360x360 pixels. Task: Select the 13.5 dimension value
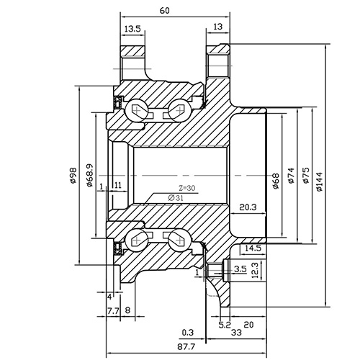(132, 28)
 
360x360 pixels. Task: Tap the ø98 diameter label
(73, 176)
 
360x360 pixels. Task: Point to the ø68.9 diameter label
(88, 176)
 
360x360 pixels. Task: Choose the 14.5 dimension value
(253, 248)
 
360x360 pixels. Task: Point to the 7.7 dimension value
(112, 310)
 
